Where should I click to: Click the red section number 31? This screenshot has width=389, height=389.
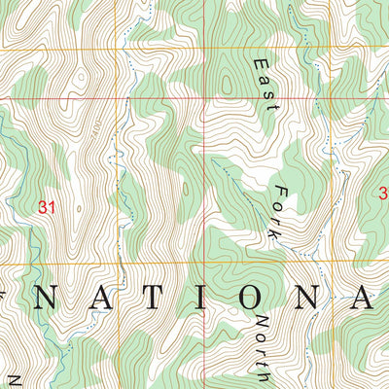coord(45,206)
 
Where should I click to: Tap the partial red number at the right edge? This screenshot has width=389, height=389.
coord(383,194)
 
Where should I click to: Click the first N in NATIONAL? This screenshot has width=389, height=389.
coord(44,299)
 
